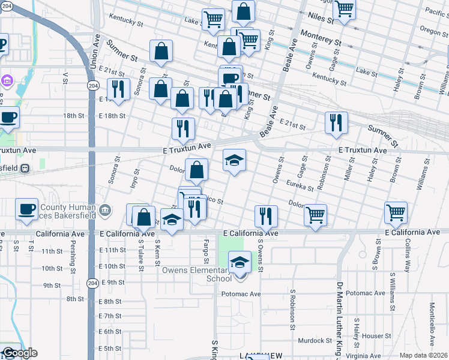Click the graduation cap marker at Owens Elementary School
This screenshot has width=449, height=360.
[x=240, y=262]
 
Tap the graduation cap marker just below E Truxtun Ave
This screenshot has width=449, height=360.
[x=235, y=160]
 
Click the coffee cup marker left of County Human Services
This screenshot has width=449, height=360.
[x=26, y=209]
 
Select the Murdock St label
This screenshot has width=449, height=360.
[x=315, y=341]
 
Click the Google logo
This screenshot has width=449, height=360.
[x=19, y=353]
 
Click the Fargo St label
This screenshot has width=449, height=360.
[x=206, y=253]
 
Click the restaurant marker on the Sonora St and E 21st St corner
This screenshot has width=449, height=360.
[x=118, y=89]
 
